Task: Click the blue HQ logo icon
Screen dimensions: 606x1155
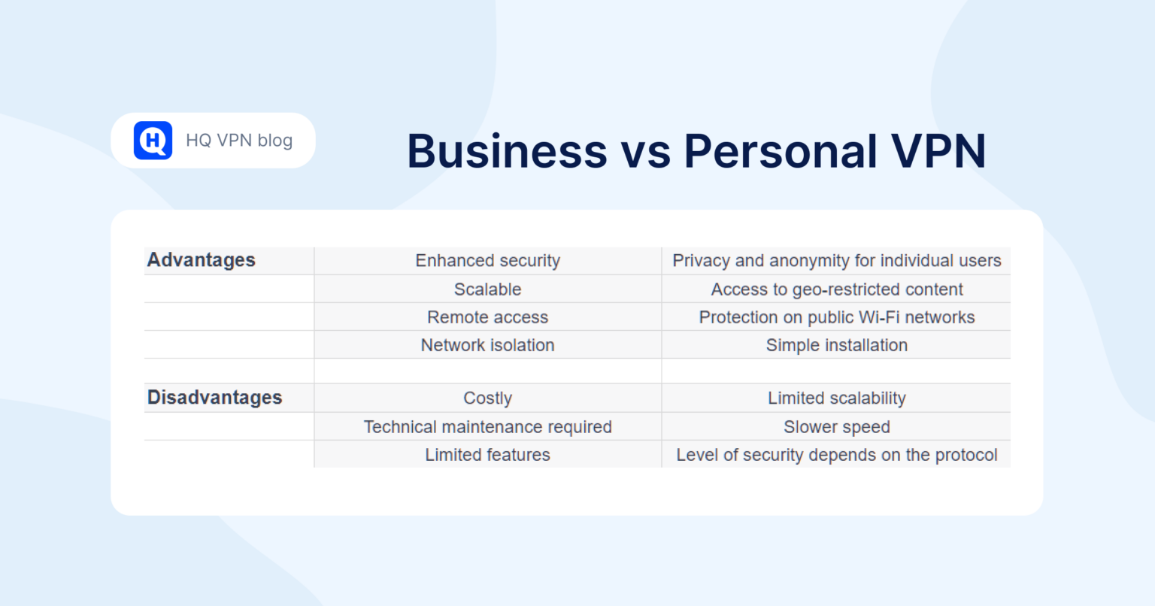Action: [x=153, y=141]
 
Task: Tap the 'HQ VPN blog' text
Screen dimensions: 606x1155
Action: [x=239, y=141]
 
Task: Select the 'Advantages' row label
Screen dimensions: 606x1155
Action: [x=202, y=260]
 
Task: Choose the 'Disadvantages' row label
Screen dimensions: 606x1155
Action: [x=215, y=398]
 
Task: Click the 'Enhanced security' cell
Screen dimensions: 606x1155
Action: [x=488, y=261]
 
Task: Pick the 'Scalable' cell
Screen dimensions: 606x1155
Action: [x=488, y=289]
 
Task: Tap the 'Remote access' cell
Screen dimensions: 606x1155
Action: [x=488, y=317]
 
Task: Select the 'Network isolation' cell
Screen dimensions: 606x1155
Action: [x=488, y=345]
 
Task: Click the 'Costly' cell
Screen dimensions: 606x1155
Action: [x=488, y=398]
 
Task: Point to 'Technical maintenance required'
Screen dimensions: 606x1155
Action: [x=488, y=427]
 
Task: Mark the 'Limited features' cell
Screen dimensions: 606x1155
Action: [x=488, y=455]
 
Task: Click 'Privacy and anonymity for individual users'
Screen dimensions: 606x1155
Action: [x=837, y=261]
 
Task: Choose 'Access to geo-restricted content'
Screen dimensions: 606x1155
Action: [x=837, y=289]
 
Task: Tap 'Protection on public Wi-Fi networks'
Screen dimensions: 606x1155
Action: [x=837, y=317]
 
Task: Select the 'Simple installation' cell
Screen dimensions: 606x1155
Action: [x=837, y=345]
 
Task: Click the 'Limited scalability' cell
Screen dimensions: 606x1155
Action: [x=837, y=398]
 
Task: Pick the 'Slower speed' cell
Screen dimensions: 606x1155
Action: [x=837, y=427]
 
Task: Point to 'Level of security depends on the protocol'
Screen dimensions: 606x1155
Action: [x=837, y=455]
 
